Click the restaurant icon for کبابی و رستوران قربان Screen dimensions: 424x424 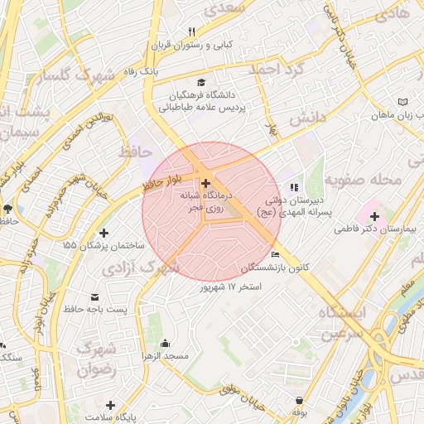(x=192, y=32)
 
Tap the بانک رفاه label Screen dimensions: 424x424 (x=137, y=72)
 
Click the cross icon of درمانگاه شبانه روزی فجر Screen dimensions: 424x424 (x=205, y=182)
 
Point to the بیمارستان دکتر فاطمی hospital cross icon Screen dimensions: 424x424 (x=374, y=216)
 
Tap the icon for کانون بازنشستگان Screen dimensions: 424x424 (x=276, y=254)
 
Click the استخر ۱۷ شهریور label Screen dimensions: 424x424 (x=231, y=287)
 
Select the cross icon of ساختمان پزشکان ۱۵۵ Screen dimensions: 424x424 (x=104, y=234)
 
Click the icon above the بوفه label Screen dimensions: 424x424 (x=298, y=399)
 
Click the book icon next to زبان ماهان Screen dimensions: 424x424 (x=402, y=101)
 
